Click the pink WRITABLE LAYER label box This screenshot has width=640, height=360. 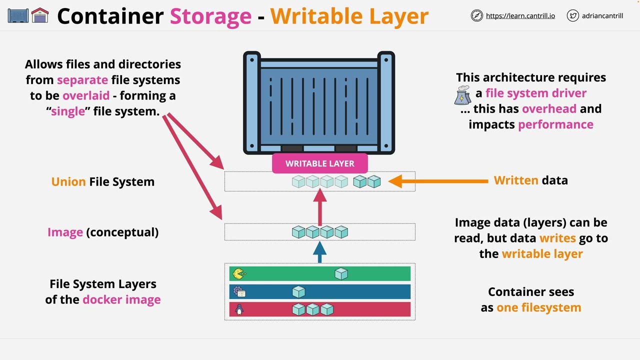pos(320,163)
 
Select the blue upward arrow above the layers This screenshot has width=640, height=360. pos(320,251)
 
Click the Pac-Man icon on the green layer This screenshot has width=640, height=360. pos(239,273)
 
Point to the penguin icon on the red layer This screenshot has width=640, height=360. pos(239,310)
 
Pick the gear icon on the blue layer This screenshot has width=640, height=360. pos(239,292)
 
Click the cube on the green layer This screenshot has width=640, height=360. pos(341,273)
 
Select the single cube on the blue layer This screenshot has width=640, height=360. pos(298,292)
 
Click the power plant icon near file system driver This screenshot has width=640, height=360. pos(462,94)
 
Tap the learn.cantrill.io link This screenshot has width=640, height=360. pos(520,16)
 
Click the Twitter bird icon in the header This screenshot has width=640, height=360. pos(572,16)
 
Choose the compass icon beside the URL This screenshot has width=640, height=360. pos(476,16)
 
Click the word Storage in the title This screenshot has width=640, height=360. pos(210,16)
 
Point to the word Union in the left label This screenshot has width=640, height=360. pos(68,181)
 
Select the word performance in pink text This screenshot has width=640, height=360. pos(555,124)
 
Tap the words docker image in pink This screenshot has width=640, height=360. pos(121,299)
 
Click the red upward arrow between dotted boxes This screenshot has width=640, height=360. pos(320,207)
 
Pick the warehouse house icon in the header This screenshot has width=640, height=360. pos(40,16)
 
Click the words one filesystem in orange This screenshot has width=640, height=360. pos(538,307)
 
